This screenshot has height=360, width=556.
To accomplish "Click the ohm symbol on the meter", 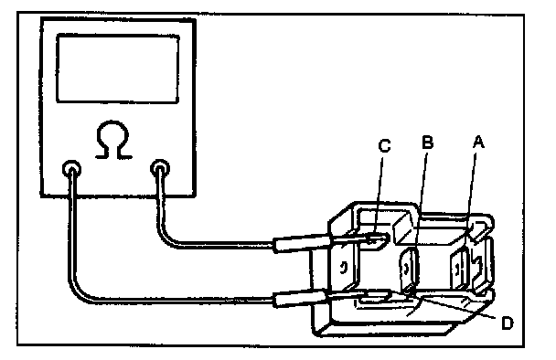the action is [113, 140].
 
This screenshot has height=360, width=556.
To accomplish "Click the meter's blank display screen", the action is [118, 69].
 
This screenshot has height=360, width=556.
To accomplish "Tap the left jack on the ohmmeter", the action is [71, 169].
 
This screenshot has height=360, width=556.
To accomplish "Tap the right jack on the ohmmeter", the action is [160, 168].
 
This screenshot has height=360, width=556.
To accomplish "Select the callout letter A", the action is [478, 142].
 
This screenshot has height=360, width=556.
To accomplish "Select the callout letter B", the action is [428, 143].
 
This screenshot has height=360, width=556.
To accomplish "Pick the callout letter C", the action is [385, 145].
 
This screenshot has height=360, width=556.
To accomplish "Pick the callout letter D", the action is [508, 323].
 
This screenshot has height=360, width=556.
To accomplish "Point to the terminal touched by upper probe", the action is [378, 240].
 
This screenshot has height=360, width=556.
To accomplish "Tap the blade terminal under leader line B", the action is [409, 270].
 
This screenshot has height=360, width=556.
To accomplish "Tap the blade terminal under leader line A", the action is [460, 270].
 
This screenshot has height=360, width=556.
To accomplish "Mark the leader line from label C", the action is [378, 197].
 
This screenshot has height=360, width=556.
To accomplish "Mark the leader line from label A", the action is [471, 198].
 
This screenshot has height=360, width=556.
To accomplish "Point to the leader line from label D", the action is [457, 306].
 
